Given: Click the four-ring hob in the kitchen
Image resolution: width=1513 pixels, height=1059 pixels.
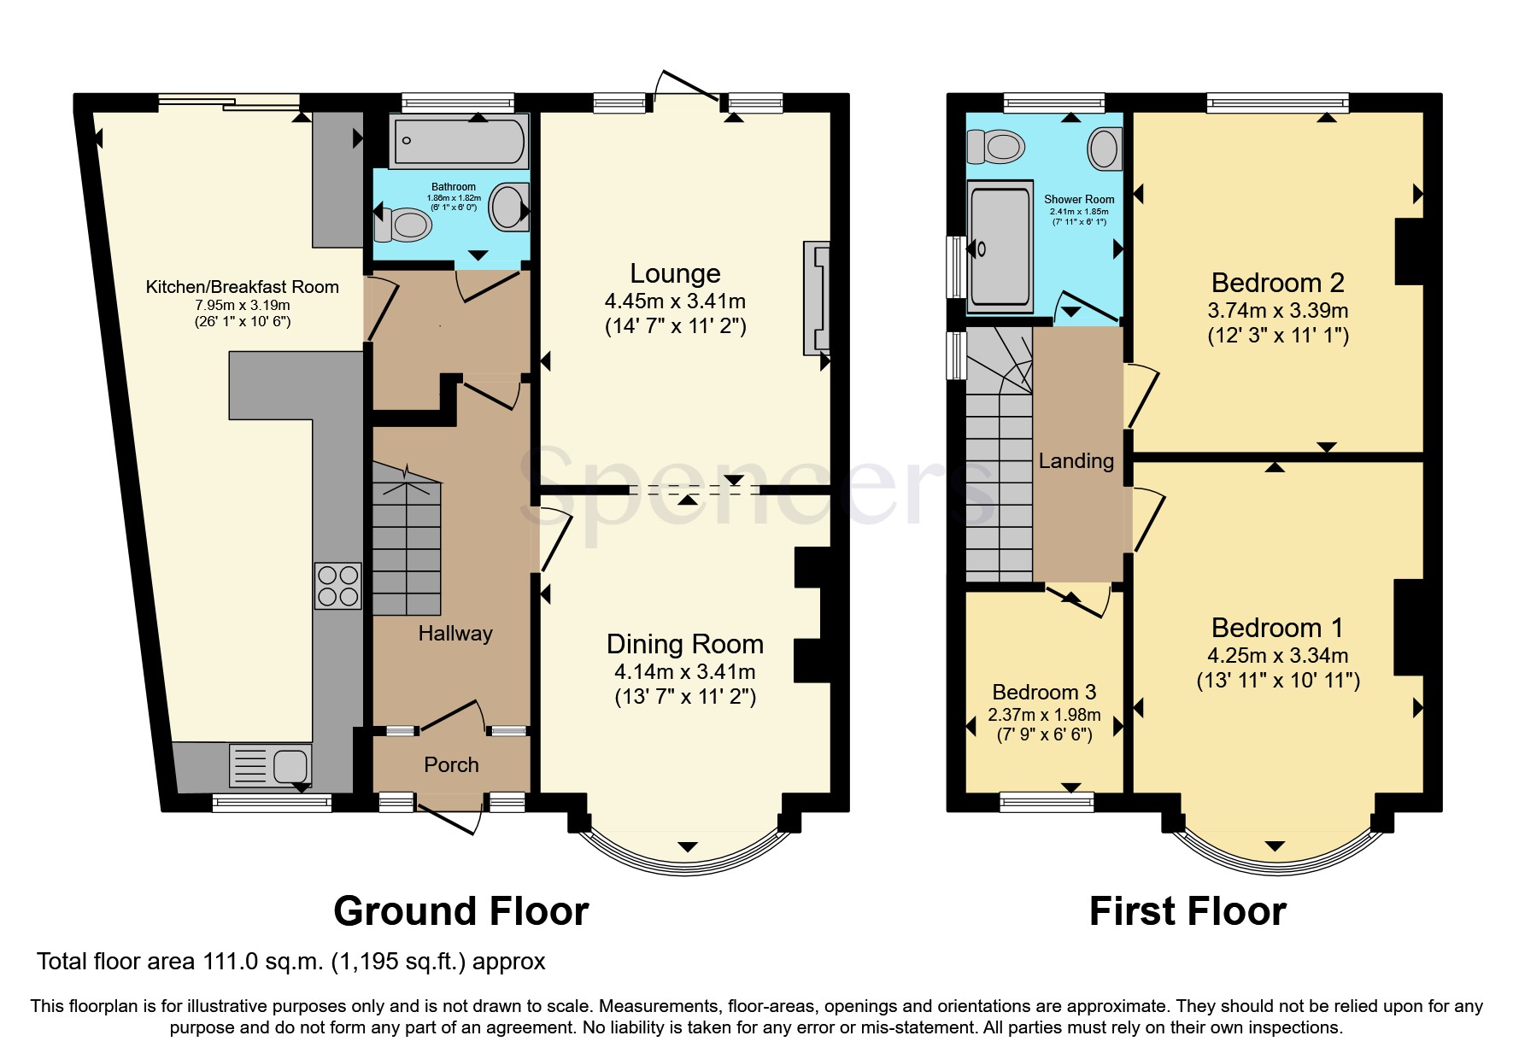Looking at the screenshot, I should click(338, 585).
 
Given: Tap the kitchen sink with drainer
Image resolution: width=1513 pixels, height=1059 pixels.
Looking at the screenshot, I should click(270, 764).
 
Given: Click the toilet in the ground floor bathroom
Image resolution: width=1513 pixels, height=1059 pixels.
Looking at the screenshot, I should click(405, 225).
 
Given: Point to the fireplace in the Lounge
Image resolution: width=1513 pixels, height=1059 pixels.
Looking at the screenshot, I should click(816, 298).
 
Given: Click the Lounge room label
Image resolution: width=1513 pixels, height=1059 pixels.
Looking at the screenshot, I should click(675, 273).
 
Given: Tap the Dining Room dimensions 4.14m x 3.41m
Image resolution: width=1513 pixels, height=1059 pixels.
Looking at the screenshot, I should click(685, 672).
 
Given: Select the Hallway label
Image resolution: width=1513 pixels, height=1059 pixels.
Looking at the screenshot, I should click(454, 634).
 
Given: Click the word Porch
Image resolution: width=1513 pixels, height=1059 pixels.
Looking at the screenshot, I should click(451, 765).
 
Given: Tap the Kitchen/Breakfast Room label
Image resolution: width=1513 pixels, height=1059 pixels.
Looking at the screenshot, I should click(242, 287).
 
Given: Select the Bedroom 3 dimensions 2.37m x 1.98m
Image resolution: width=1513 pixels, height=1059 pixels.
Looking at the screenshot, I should click(1044, 715).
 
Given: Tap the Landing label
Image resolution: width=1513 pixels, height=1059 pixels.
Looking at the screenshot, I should click(1076, 461).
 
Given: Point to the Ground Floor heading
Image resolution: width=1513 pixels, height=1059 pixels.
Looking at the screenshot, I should click(460, 911).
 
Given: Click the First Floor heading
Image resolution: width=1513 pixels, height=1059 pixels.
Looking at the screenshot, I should click(1187, 911).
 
